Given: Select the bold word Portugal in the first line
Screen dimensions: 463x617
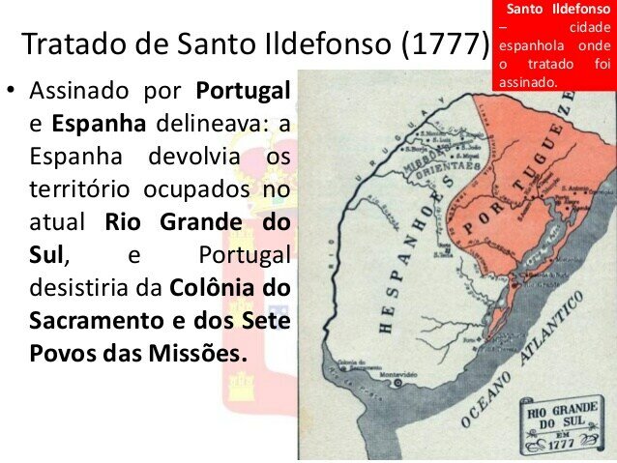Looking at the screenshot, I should pos(243,92).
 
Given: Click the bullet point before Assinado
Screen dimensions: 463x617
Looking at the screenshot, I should pos(12,93).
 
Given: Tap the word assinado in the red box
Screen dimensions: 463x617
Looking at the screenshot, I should pos(529,82).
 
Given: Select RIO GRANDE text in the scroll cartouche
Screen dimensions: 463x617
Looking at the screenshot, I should pos(561,412).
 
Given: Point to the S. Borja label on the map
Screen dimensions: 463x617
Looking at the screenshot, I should pos(417,149).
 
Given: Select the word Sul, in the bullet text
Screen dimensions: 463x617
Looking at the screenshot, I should pos(49,255).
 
